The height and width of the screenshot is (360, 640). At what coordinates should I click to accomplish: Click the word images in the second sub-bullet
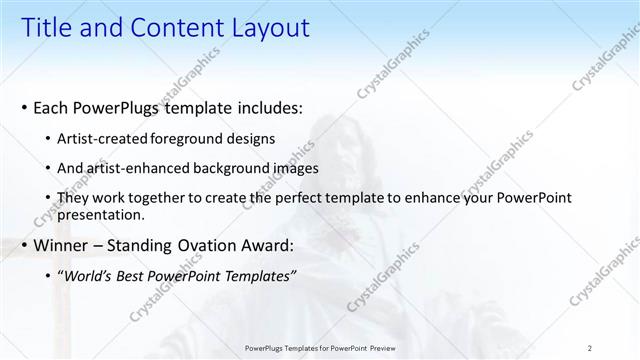[289, 169]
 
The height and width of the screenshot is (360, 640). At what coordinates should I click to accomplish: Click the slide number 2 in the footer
[590, 348]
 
